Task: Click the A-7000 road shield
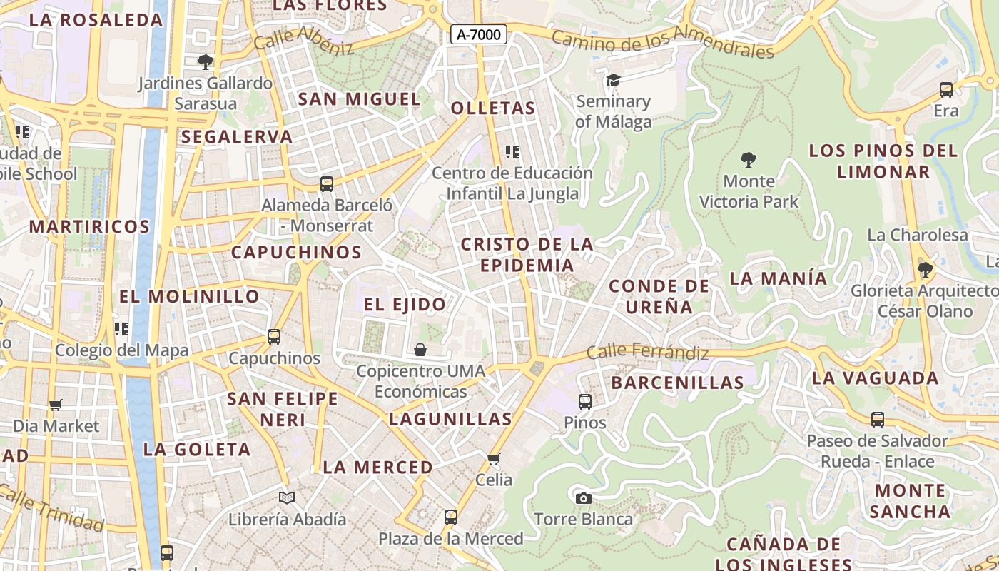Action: (x=478, y=34)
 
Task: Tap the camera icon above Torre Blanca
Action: (x=583, y=498)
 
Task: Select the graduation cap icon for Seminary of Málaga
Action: (x=613, y=80)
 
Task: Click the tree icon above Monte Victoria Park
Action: (x=749, y=159)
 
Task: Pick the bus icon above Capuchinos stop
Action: (x=274, y=337)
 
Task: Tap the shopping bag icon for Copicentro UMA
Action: (x=420, y=350)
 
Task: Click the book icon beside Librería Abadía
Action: (x=287, y=497)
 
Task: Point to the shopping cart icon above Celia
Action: (x=494, y=458)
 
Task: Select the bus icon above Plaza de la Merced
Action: (x=450, y=517)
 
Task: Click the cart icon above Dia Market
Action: (x=56, y=405)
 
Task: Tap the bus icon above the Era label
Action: (x=946, y=90)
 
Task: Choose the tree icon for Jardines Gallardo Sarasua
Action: (x=206, y=62)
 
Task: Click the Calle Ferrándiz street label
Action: (x=647, y=352)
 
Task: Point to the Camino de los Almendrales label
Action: (x=663, y=44)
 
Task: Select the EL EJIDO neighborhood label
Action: (x=405, y=305)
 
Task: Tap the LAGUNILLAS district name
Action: (x=450, y=419)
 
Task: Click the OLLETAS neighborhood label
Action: (x=493, y=108)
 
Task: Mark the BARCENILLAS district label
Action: (x=678, y=383)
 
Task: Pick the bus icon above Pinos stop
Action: (x=585, y=401)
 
